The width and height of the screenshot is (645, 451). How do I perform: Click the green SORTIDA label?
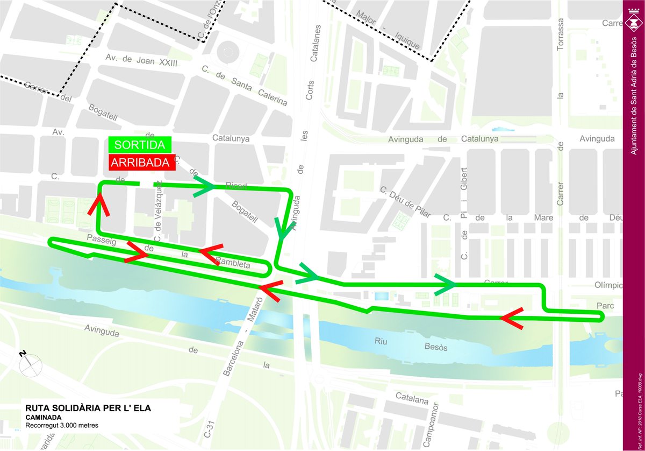click(140, 145)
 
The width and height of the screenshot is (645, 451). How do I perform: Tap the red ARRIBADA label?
click(142, 163)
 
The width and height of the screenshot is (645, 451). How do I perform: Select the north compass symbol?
click(30, 365)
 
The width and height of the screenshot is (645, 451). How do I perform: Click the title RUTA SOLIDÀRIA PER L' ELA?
click(88, 408)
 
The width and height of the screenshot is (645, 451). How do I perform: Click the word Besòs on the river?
click(435, 348)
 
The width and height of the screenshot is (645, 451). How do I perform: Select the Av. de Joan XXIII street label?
click(141, 60)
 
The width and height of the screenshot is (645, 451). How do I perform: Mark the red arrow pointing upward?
click(99, 205)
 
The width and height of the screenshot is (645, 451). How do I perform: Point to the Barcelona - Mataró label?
click(242, 334)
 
